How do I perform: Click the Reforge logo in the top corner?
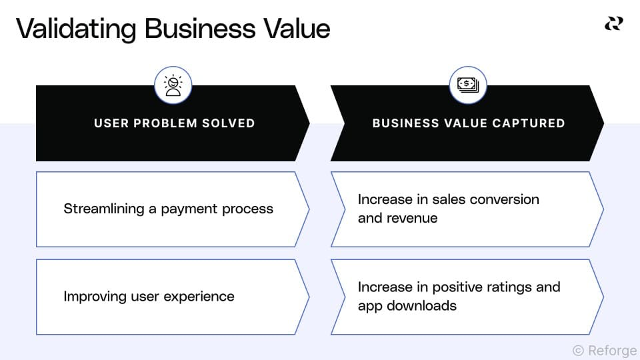(613, 24)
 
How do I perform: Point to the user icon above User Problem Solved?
(173, 85)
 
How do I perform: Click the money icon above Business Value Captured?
(468, 85)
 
